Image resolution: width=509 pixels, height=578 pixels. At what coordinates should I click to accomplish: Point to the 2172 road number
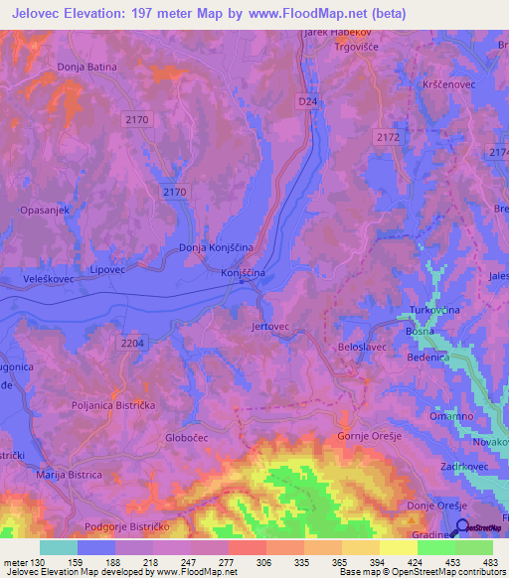pos(388,135)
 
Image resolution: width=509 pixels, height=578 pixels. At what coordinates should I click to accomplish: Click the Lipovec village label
pos(108,269)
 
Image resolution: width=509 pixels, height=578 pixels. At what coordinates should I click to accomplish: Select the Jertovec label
pos(270,326)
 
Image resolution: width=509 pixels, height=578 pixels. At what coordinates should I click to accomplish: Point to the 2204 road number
pos(132,342)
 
